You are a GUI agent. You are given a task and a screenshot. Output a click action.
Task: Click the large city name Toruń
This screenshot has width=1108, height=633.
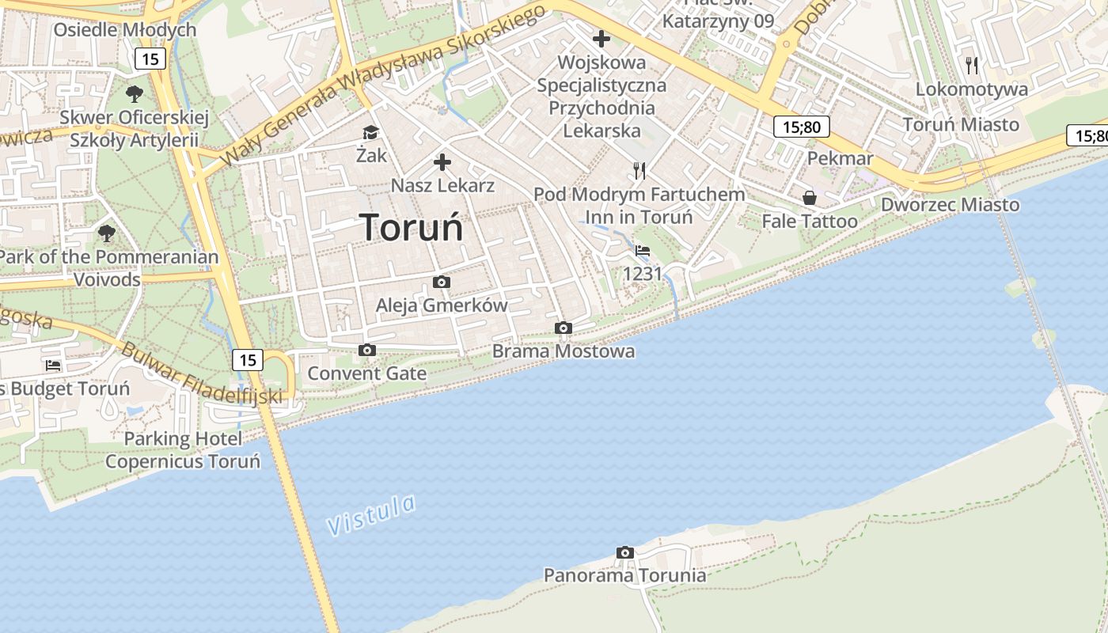pos(412,228)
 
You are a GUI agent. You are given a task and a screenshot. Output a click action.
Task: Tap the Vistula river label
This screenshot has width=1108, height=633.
pos(371,514)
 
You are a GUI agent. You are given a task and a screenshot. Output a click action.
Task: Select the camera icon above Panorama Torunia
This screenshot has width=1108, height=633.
pos(624,552)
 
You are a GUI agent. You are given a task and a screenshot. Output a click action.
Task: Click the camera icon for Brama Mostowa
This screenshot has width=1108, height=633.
pos(563,328)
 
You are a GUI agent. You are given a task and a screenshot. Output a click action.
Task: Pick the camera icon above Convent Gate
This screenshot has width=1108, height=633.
pos(366,350)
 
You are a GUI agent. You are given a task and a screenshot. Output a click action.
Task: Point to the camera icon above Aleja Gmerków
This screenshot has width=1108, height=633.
pos(442,282)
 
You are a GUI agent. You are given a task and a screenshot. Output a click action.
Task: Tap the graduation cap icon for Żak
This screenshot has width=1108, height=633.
pos(370,132)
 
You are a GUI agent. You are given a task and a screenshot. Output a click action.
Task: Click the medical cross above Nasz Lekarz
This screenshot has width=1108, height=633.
pos(442,162)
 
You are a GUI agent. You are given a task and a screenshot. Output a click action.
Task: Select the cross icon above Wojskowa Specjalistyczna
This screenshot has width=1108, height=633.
pos(601,38)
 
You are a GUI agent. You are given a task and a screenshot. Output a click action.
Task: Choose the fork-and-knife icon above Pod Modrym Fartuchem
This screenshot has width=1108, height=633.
pos(639,170)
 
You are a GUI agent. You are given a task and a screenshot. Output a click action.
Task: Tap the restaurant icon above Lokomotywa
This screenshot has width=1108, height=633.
pos(972,65)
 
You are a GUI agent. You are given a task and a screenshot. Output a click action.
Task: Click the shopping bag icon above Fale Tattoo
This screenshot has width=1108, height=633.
pos(810,197)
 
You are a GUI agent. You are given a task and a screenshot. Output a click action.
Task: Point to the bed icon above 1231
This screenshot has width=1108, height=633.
pos(642,250)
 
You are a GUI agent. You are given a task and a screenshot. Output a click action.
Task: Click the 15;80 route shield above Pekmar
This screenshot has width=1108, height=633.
pos(801,127)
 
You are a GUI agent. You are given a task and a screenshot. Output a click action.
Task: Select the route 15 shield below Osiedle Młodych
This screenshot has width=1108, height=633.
pos(150,58)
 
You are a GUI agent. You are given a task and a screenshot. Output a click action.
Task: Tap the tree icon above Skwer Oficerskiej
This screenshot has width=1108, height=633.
pos(135,94)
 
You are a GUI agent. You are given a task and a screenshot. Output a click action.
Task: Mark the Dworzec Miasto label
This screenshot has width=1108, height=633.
pos(951,204)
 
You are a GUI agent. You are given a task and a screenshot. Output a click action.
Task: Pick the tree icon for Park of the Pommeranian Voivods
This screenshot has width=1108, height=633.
pos(107,233)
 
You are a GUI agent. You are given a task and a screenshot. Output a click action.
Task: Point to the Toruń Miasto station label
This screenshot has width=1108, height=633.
pos(961,124)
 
